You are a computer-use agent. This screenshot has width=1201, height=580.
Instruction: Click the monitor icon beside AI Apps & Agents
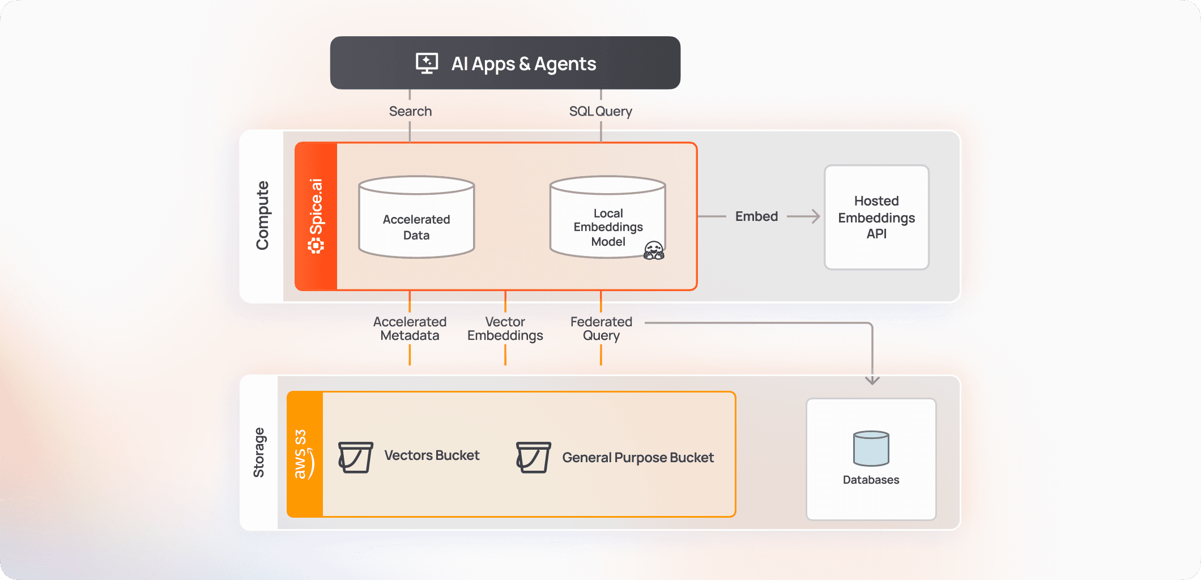click(427, 63)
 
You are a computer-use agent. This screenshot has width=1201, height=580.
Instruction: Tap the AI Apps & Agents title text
click(523, 63)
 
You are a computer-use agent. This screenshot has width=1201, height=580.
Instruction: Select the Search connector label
click(410, 111)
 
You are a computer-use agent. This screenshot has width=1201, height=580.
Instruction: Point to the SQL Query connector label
click(600, 111)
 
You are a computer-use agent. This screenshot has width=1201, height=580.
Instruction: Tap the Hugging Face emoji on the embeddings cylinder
click(654, 250)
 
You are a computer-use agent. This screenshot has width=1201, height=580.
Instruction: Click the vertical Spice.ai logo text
click(316, 215)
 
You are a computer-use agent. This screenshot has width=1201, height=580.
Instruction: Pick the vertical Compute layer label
click(262, 215)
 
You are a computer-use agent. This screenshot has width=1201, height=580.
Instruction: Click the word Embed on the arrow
click(756, 216)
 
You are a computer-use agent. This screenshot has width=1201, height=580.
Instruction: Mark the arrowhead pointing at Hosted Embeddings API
click(815, 216)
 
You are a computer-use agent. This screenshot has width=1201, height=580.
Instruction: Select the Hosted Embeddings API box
click(876, 217)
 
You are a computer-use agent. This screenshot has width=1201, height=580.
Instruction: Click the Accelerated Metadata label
click(410, 329)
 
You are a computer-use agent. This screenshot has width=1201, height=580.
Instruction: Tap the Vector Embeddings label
click(505, 329)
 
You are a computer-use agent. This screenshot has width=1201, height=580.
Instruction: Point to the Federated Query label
click(601, 329)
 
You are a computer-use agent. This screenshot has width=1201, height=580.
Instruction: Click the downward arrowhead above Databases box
click(872, 380)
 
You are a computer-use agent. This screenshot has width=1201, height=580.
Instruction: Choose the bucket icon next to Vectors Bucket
click(355, 457)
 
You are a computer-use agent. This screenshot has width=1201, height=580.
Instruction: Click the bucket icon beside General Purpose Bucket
click(533, 457)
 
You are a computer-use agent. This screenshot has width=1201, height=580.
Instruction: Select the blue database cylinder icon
click(871, 448)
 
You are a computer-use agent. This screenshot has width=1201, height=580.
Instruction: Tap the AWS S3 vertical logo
click(304, 454)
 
